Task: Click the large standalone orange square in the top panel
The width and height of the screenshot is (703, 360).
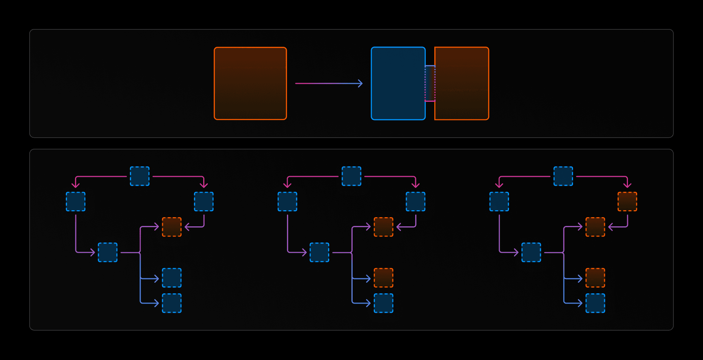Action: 250,83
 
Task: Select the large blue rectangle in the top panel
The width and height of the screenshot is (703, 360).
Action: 398,83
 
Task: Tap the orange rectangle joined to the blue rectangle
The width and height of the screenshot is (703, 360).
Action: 462,83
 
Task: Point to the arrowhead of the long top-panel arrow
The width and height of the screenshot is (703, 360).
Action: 361,83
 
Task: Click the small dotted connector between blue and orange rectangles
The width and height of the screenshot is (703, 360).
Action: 430,83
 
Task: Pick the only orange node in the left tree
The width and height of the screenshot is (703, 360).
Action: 172,227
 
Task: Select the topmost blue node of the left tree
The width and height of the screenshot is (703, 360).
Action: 140,176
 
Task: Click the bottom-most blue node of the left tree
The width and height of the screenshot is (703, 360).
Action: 172,303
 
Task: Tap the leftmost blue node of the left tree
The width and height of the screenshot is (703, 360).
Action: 76,202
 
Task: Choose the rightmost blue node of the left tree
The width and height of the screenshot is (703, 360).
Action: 204,202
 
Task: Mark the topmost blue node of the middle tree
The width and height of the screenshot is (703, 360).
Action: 351,176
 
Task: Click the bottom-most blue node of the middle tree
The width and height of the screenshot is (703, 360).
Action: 383,303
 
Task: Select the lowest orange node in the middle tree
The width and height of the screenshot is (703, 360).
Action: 383,278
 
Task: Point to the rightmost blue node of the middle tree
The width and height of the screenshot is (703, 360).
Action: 416,202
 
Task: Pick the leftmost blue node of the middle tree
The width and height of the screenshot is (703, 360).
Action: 287,202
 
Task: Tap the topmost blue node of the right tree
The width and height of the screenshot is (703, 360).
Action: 563,176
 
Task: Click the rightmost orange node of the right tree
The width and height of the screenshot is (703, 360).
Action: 627,202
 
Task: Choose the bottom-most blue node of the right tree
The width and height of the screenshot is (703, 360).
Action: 595,303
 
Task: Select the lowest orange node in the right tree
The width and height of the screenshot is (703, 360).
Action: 595,278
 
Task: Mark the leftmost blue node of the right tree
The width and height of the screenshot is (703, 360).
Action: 499,202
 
